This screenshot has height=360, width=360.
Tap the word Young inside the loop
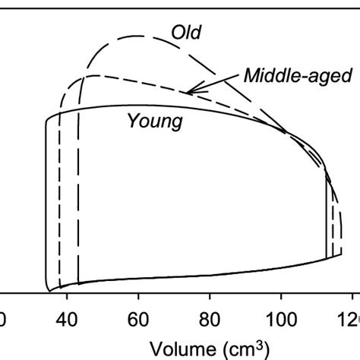155,121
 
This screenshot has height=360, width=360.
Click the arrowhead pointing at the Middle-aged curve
190,91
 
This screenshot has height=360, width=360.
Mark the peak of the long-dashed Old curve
137,36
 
